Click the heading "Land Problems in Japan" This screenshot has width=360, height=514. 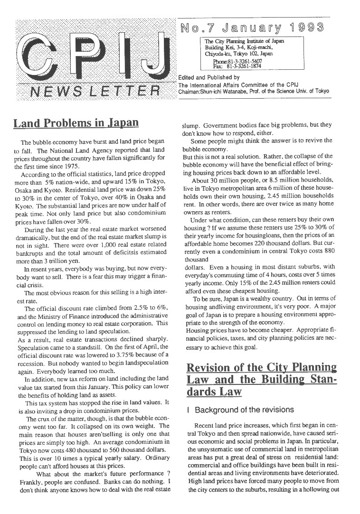[x=76, y=123]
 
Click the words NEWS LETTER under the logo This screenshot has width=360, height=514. [x=95, y=91]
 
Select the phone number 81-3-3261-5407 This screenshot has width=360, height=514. [x=235, y=62]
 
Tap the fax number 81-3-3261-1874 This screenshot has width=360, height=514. [x=235, y=67]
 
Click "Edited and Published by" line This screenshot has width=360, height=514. [x=208, y=77]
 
